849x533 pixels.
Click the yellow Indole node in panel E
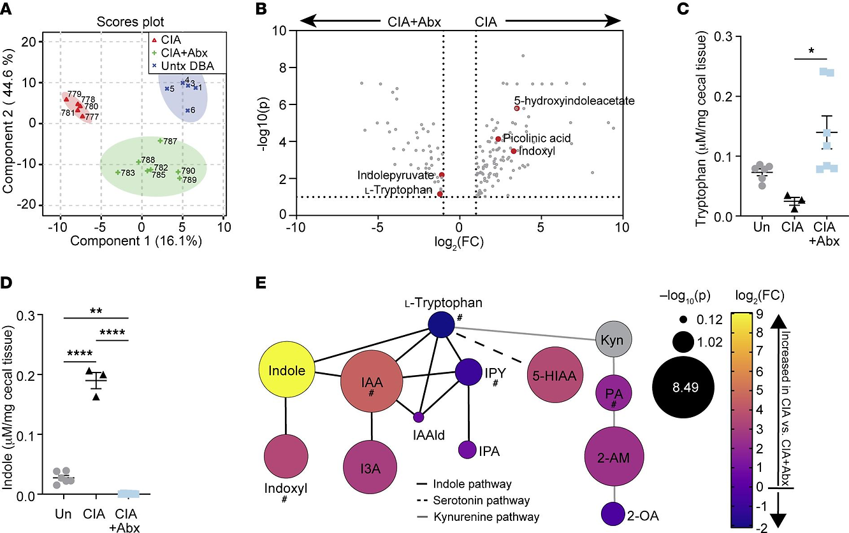(x=286, y=371)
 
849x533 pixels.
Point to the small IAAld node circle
(x=419, y=417)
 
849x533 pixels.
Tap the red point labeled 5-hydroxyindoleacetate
(x=517, y=108)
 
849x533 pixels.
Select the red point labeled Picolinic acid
(x=498, y=139)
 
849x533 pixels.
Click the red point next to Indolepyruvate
(x=442, y=174)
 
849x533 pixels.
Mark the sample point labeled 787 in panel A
(x=160, y=140)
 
